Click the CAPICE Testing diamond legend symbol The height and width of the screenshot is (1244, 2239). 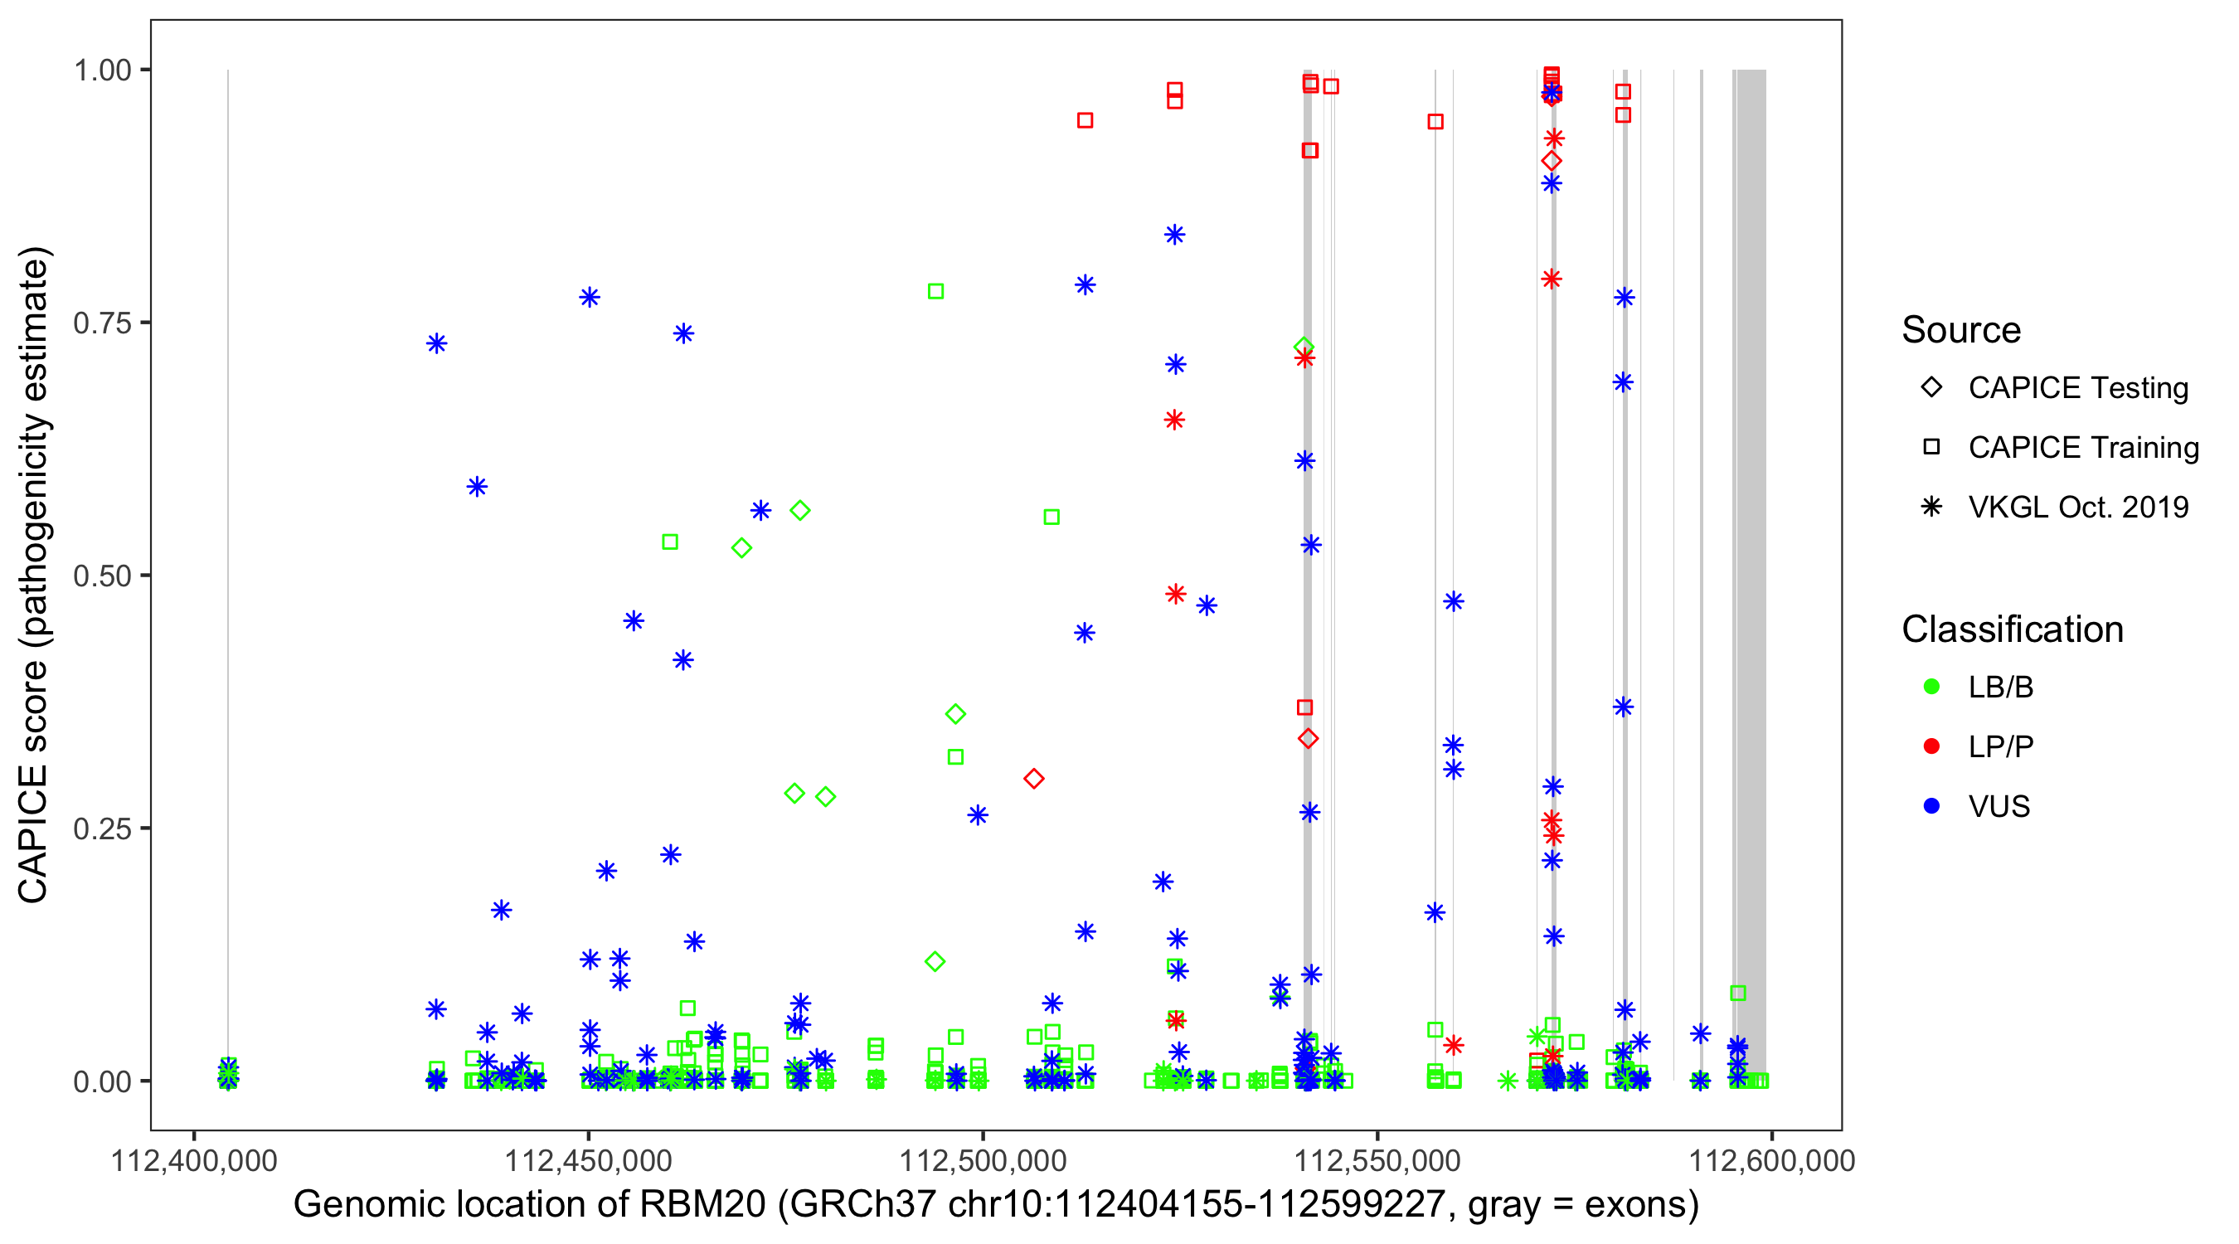pyautogui.click(x=1931, y=388)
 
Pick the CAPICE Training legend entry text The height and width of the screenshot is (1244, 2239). pyautogui.click(x=2083, y=448)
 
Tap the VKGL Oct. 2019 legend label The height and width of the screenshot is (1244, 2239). pyautogui.click(x=2078, y=508)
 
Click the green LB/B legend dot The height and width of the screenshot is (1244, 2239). pyautogui.click(x=1931, y=687)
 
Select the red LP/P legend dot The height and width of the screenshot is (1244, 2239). pyautogui.click(x=1931, y=746)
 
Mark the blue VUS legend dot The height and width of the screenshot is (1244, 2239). pyautogui.click(x=1931, y=807)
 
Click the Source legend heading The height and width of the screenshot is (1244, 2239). pyautogui.click(x=1961, y=330)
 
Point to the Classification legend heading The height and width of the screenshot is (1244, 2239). pyautogui.click(x=2012, y=629)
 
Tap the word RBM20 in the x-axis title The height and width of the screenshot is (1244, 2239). pyautogui.click(x=702, y=1205)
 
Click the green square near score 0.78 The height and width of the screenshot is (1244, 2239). pyautogui.click(x=935, y=291)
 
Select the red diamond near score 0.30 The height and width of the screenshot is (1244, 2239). pyautogui.click(x=1033, y=779)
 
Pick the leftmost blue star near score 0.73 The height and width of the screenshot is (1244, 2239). pyautogui.click(x=436, y=343)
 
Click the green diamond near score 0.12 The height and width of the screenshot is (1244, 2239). pyautogui.click(x=935, y=961)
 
